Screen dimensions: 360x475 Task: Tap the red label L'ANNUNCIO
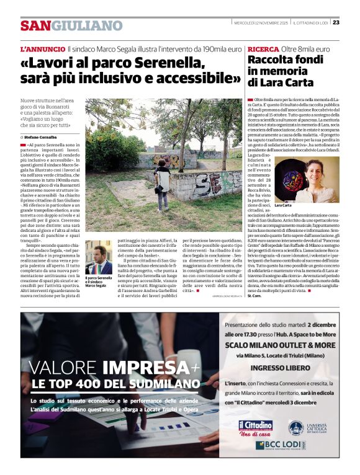coord(42,48)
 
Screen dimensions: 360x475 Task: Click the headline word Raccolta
coord(269,60)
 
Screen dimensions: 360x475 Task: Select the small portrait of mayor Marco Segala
coord(97,259)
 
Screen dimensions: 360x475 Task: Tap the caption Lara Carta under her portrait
coord(283,205)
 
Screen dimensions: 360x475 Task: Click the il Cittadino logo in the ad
coord(256,427)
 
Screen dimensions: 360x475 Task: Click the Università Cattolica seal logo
coord(296,427)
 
